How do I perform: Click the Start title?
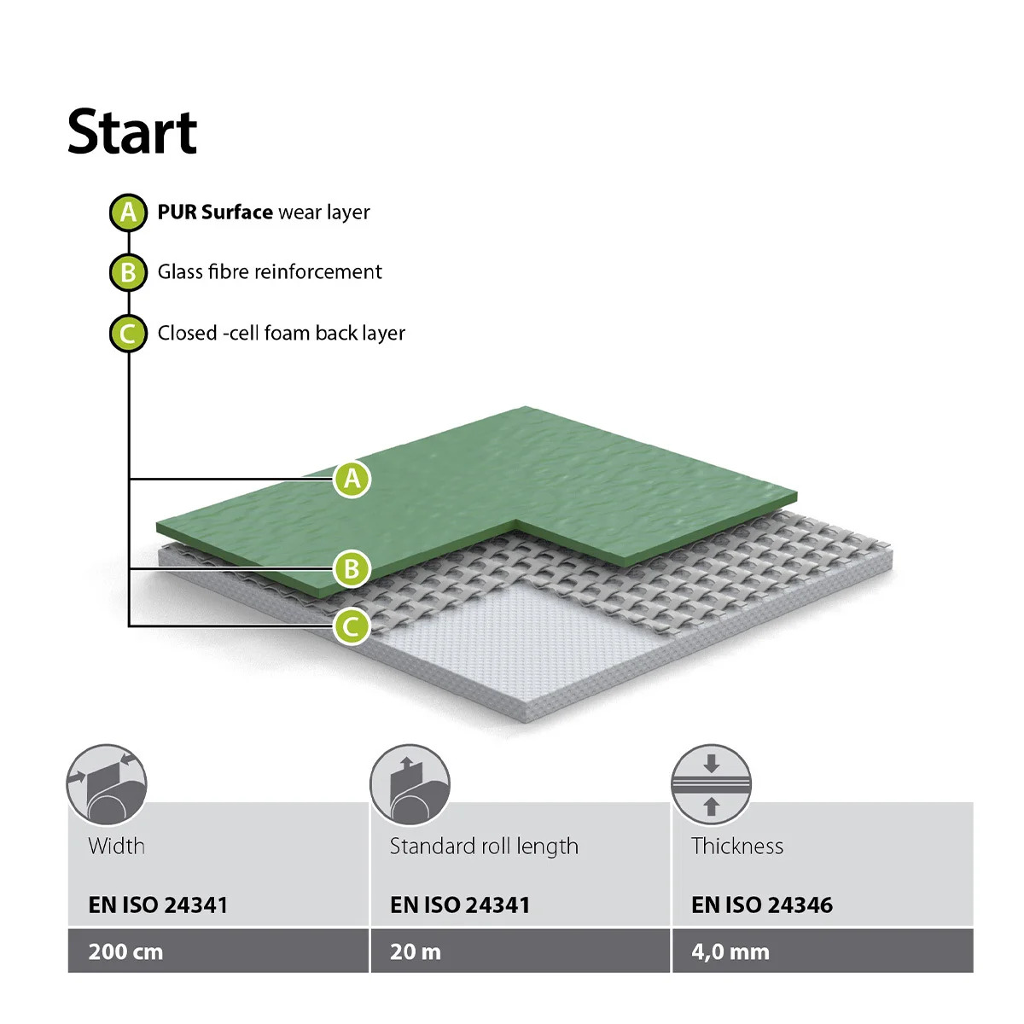click(132, 131)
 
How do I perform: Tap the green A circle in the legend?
click(128, 212)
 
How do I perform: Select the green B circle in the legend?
click(128, 272)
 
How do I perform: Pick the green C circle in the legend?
click(128, 334)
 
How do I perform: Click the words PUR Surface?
click(215, 212)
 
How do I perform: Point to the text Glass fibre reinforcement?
click(270, 272)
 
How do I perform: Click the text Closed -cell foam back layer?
click(282, 333)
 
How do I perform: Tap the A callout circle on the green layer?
click(352, 480)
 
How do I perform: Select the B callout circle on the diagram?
click(352, 568)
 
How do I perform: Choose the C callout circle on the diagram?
click(352, 626)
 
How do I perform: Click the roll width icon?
click(107, 784)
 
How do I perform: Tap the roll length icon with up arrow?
click(410, 784)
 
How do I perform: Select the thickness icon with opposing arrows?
click(711, 784)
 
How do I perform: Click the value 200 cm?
click(126, 952)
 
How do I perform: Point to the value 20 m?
click(416, 952)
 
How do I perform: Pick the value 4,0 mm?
click(730, 952)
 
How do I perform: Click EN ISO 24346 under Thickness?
click(762, 905)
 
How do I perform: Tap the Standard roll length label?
click(484, 847)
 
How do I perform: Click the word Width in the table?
click(117, 846)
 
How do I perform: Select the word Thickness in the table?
click(737, 846)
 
